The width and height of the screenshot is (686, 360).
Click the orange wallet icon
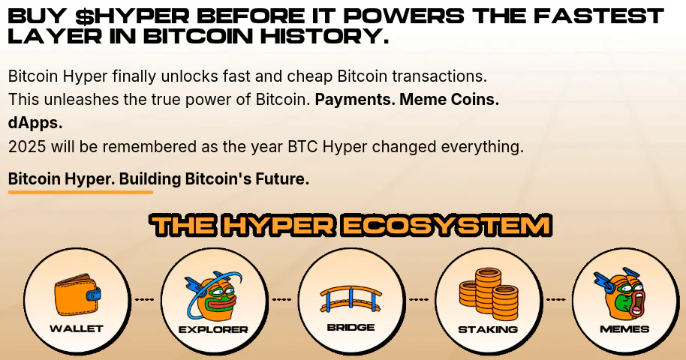pyautogui.click(x=78, y=295)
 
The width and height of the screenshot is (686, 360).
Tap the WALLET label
pyautogui.click(x=77, y=328)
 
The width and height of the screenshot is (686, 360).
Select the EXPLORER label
pyautogui.click(x=213, y=329)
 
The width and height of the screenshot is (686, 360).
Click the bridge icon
pyautogui.click(x=351, y=298)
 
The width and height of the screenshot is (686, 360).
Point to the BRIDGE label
pyautogui.click(x=351, y=327)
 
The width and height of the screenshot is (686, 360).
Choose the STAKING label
pyautogui.click(x=488, y=329)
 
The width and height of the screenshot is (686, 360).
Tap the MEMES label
pyautogui.click(x=624, y=329)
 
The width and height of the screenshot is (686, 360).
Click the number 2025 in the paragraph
pyautogui.click(x=27, y=146)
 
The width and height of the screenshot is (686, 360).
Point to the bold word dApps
pyautogui.click(x=35, y=123)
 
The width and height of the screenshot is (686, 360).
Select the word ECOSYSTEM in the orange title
pyautogui.click(x=447, y=226)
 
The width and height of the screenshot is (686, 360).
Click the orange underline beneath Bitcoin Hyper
pyautogui.click(x=80, y=191)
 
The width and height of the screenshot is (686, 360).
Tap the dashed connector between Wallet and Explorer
pyautogui.click(x=144, y=300)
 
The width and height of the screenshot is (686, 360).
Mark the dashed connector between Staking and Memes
pyautogui.click(x=555, y=300)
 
